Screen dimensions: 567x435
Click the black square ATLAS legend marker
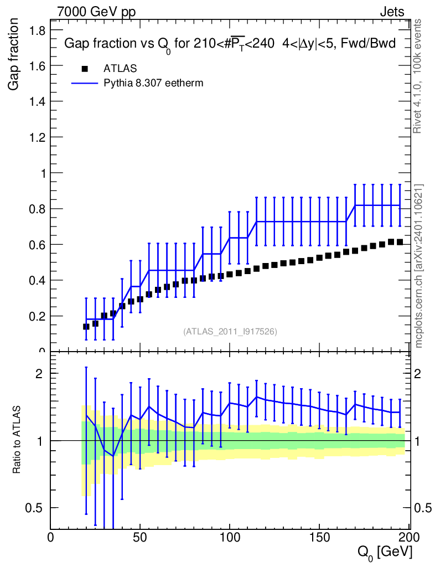[85, 69]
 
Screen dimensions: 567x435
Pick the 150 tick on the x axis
[319, 537]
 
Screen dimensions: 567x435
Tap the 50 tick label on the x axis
[140, 537]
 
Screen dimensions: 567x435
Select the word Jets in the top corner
[392, 12]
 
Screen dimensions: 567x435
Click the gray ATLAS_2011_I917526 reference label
[230, 332]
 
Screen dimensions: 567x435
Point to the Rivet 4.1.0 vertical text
[418, 75]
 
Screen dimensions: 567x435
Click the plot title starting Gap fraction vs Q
[230, 44]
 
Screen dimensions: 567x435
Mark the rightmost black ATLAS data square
[400, 242]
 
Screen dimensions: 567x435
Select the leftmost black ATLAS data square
[86, 327]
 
